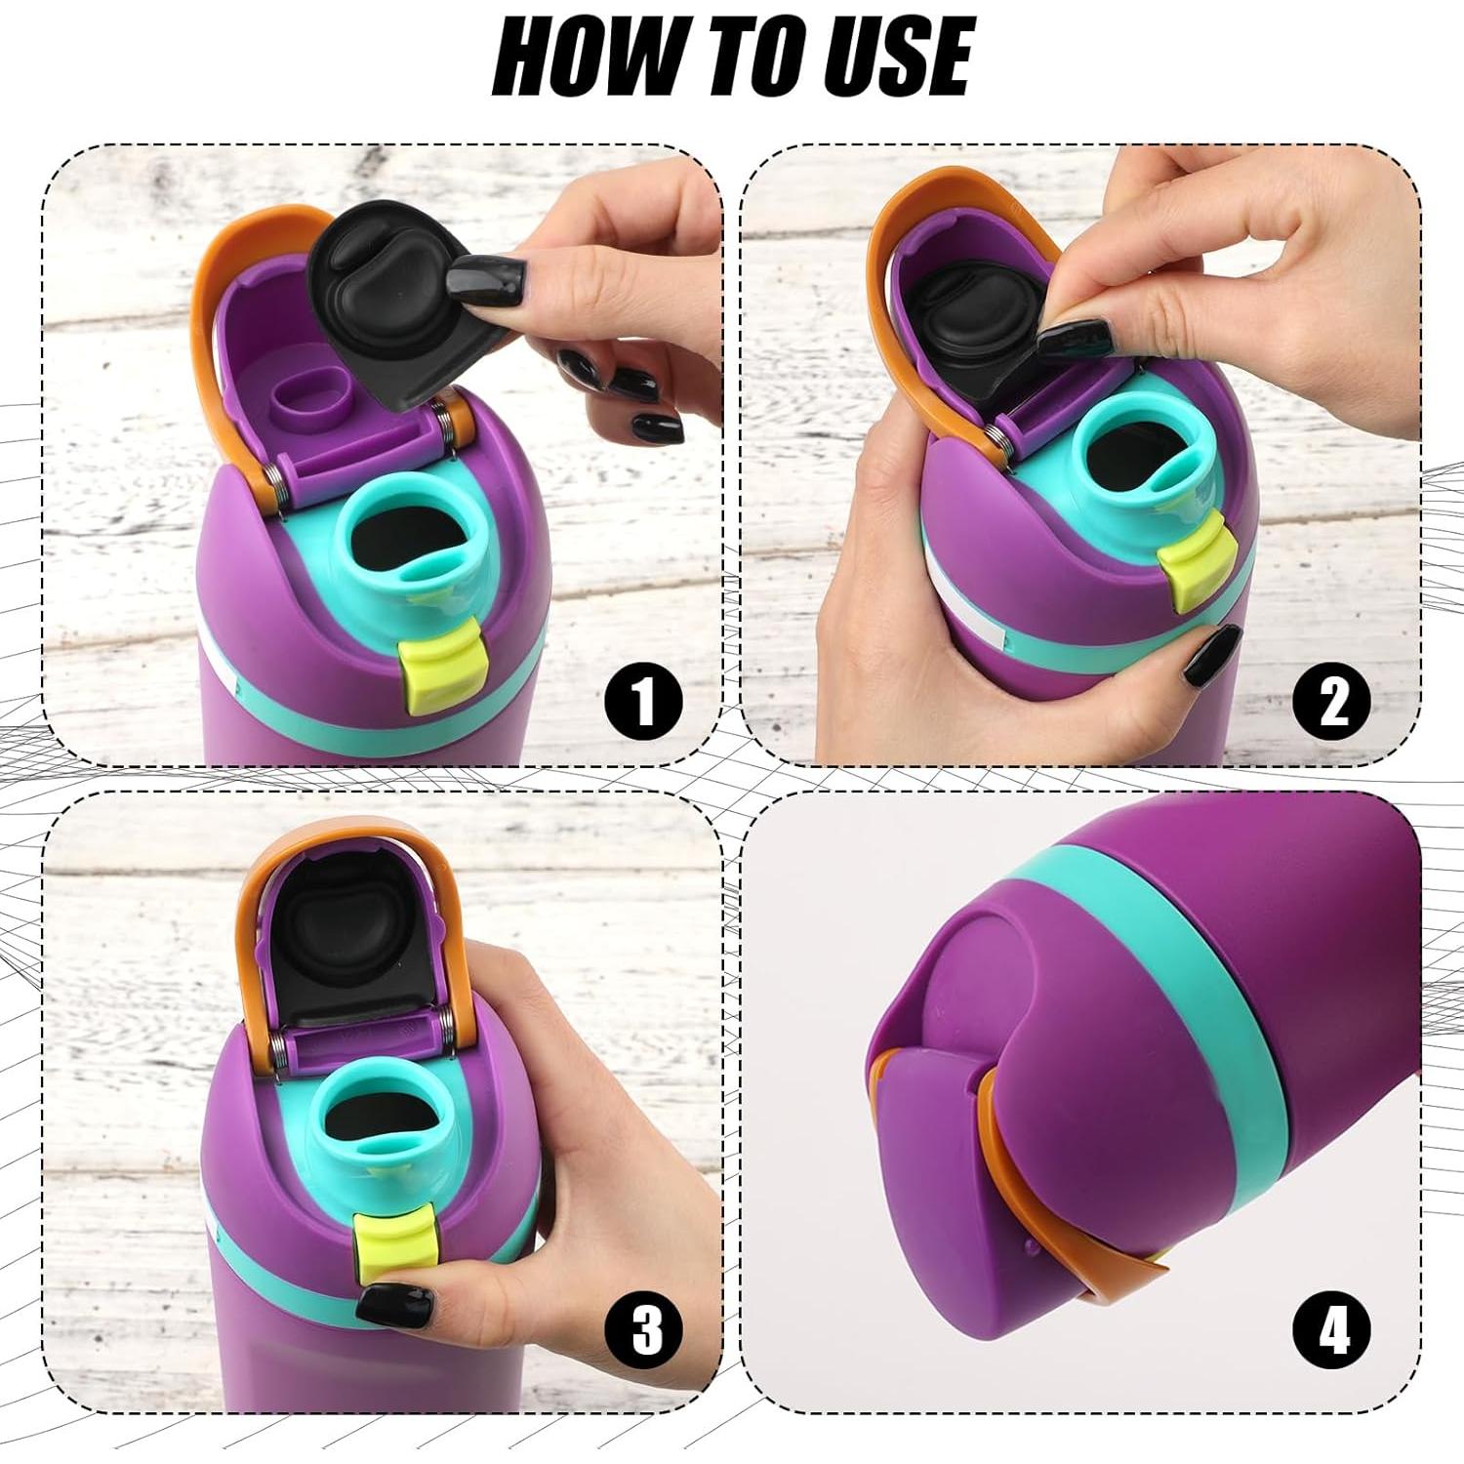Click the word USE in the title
(897, 57)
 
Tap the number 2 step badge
(1332, 700)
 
